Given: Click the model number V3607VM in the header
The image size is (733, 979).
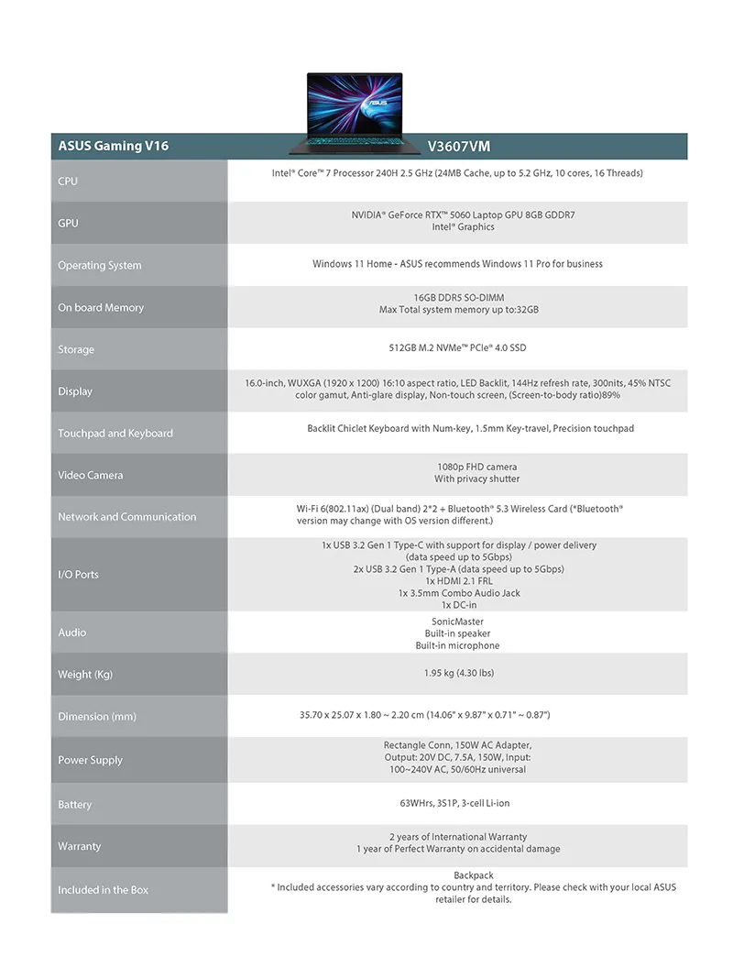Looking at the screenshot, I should click(465, 146).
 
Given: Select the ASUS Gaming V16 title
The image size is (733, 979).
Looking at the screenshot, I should click(113, 146).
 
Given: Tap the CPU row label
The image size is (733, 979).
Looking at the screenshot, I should click(68, 181).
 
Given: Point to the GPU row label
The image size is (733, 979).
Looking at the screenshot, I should click(68, 223).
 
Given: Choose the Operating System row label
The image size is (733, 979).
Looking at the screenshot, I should click(100, 265).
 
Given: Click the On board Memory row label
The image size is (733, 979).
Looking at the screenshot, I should click(101, 307).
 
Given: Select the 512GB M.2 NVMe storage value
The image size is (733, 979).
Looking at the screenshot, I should click(457, 348).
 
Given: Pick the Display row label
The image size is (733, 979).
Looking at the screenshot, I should click(75, 391).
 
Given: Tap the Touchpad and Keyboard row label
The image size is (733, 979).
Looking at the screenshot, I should click(115, 434).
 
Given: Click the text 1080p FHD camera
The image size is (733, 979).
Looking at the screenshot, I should click(476, 467).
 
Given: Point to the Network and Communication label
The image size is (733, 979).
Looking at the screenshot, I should click(127, 517).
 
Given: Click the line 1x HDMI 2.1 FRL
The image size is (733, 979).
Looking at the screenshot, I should click(458, 581).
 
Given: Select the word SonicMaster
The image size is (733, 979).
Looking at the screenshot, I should click(458, 621).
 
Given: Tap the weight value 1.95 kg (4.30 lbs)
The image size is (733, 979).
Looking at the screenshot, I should click(458, 673).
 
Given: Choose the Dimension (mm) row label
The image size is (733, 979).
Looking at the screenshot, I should click(97, 716).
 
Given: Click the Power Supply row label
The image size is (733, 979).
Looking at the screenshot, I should click(90, 760).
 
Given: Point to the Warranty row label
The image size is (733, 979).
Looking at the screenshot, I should click(80, 846).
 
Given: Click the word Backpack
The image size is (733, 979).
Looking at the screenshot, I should click(474, 875).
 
